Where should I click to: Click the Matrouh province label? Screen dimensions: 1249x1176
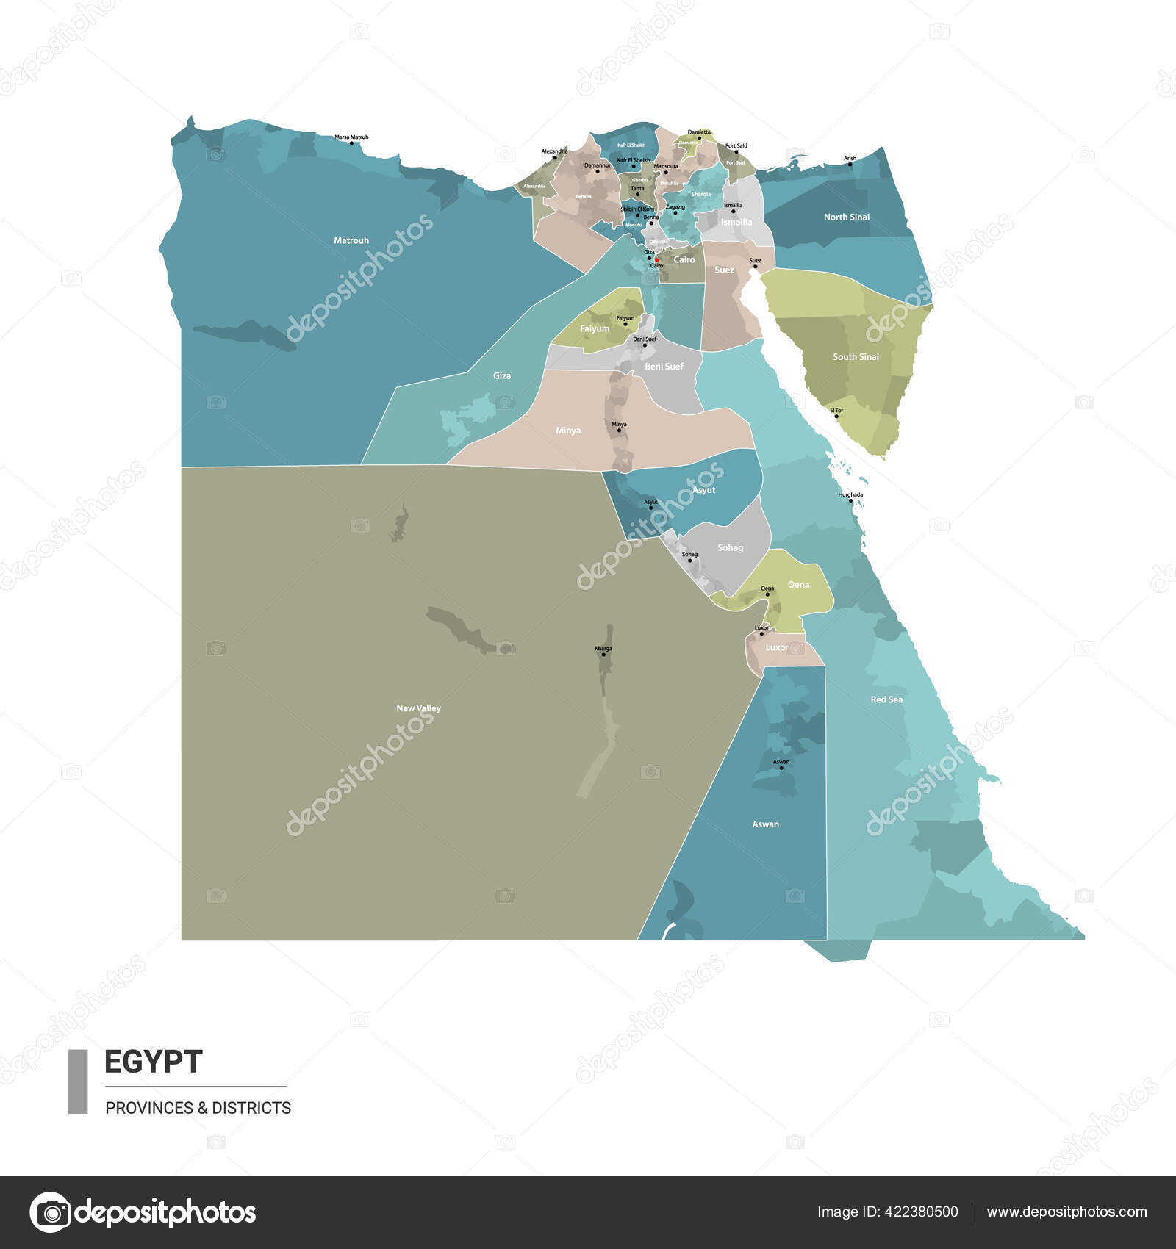point(351,240)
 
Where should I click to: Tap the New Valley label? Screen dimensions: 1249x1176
point(418,708)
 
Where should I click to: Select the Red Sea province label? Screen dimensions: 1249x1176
point(886,699)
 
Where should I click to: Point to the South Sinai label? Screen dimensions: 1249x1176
point(856,357)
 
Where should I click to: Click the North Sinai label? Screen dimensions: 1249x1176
point(846,217)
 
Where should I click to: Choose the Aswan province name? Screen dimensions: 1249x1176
point(765,824)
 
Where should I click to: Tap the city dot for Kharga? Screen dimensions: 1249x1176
point(603,655)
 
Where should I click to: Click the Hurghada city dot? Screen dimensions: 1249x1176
point(851,501)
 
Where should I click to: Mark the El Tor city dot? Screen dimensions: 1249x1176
point(836,417)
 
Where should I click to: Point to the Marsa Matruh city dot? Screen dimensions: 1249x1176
point(352,143)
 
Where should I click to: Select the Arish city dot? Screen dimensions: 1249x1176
point(850,164)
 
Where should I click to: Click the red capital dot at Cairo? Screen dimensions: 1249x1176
point(656,259)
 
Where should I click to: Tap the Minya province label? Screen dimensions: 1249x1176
point(567,431)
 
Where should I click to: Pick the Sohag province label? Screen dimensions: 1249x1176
point(730,548)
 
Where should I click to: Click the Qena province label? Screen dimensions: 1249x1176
point(798,585)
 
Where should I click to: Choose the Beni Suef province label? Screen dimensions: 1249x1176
point(664,367)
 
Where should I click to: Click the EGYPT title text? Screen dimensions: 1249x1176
point(153,1062)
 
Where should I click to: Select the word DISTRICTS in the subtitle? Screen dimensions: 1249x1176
point(251,1107)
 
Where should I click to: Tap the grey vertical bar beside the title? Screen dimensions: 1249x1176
point(78,1081)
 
